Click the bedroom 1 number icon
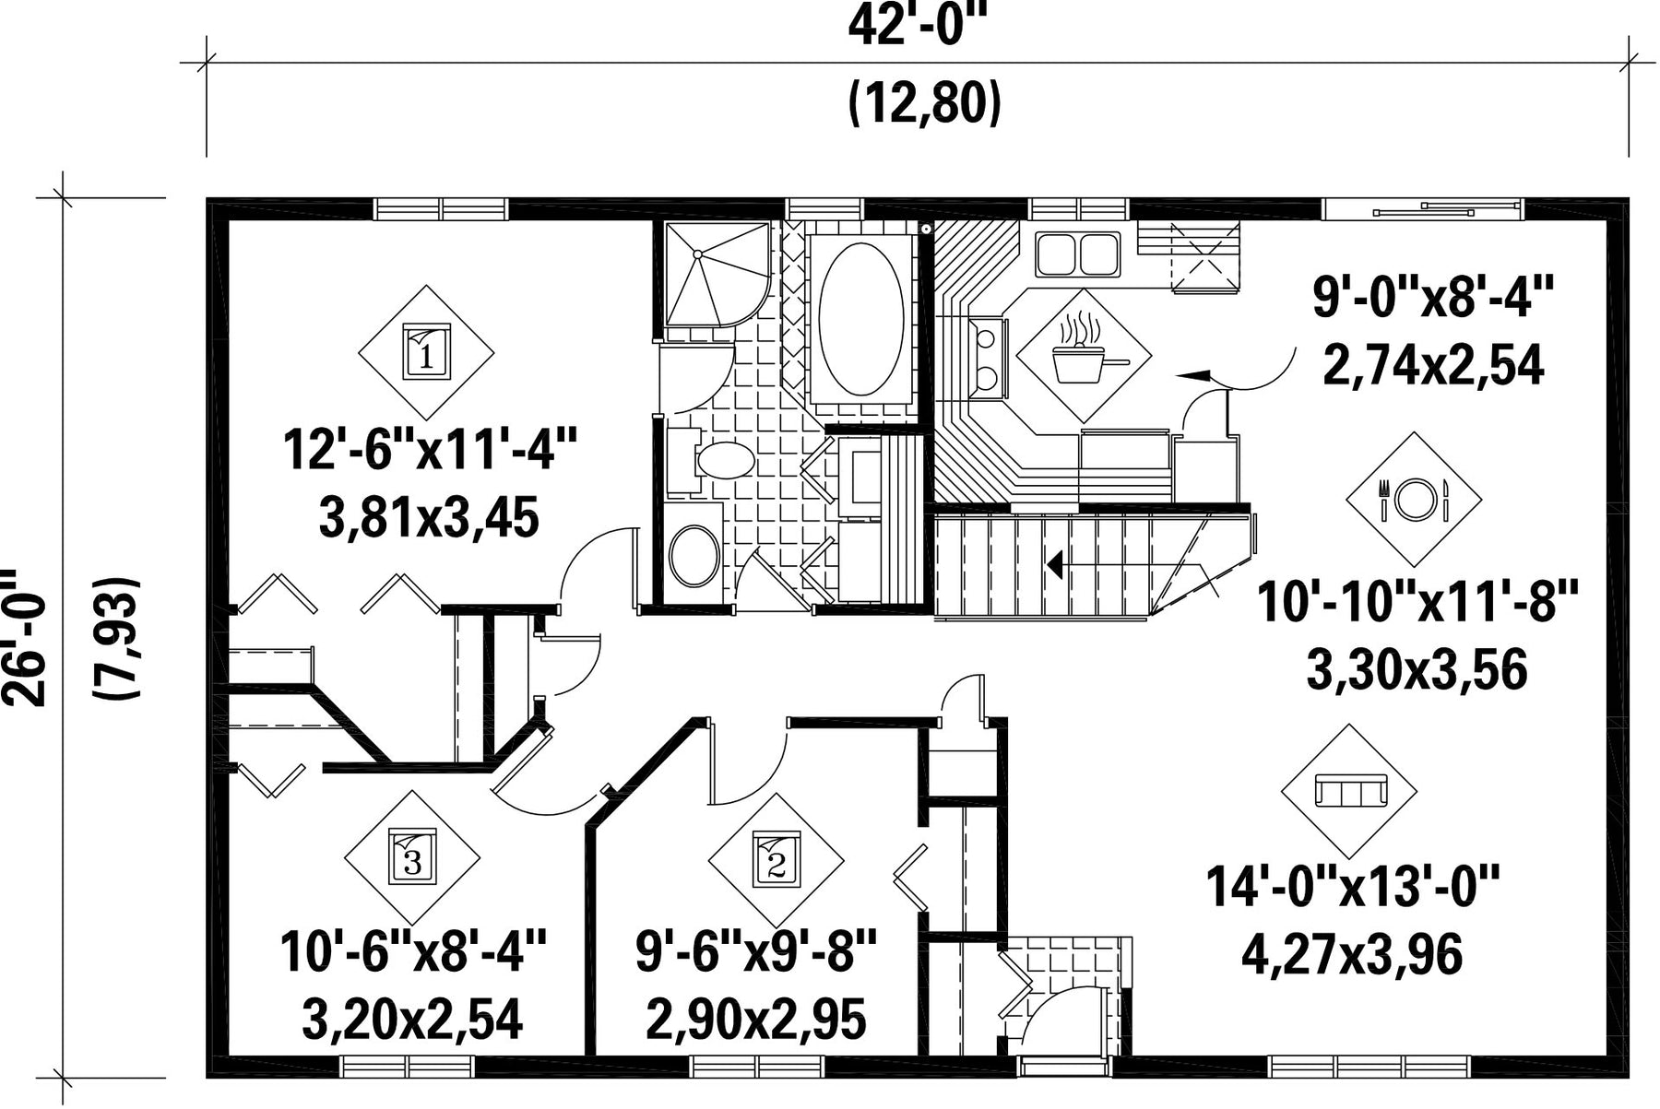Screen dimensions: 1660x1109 pos(426,351)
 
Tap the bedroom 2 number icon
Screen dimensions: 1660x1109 pos(776,860)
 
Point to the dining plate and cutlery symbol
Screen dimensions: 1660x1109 pos(1414,499)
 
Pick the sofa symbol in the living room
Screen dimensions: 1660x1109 pos(1350,791)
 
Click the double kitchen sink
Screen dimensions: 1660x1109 pos(1078,254)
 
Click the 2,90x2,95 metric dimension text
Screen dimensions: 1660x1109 pos(756,1020)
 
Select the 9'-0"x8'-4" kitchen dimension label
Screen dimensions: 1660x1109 pos(1433,300)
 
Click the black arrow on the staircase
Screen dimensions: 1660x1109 pos(1054,563)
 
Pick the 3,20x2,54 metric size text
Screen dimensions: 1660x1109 pos(412,1020)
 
